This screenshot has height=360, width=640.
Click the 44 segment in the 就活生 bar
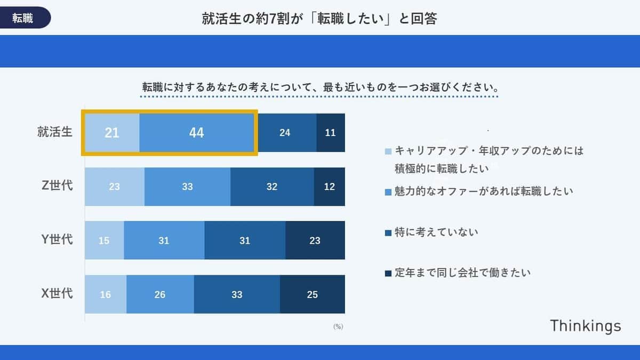[196, 133]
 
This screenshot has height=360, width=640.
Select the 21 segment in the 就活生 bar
[112, 133]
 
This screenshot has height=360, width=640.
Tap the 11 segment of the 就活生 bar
[331, 133]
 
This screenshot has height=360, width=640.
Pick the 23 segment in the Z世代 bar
[114, 187]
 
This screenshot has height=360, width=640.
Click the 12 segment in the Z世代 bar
[329, 187]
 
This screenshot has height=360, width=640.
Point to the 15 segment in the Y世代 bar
[104, 241]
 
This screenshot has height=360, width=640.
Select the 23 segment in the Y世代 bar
[315, 241]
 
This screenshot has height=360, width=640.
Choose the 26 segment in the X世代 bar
[159, 294]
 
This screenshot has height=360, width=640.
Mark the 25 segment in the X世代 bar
[312, 294]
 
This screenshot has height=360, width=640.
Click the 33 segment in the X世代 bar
[237, 294]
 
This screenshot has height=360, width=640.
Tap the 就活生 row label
[54, 132]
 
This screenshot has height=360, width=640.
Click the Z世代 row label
[57, 186]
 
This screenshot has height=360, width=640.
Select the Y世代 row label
[57, 240]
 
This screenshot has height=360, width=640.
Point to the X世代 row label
[57, 294]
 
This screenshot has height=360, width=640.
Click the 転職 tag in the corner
[23, 18]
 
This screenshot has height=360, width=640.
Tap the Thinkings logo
[585, 326]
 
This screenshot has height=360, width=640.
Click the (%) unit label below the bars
[338, 326]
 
